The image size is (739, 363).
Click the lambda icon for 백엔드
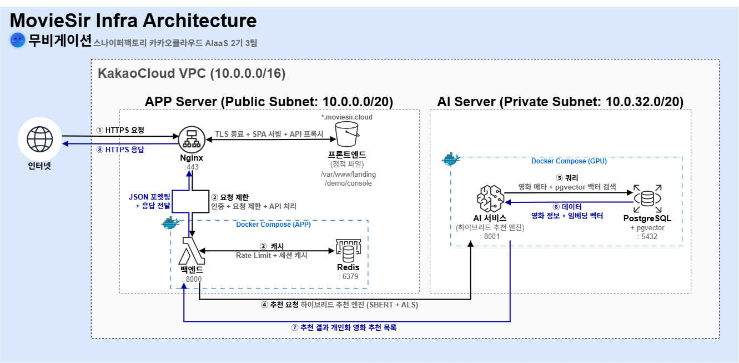coord(192,252)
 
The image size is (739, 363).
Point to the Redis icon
coord(348,251)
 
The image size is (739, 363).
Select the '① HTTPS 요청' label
coord(120,130)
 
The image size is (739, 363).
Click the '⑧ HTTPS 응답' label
coord(120,149)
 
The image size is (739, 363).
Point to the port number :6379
coord(348,276)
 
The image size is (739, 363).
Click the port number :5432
coord(647,236)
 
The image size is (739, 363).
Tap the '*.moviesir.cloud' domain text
coord(347,117)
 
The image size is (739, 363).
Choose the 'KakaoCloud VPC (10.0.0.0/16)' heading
coord(192,74)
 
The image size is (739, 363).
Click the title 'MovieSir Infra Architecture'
coord(133,21)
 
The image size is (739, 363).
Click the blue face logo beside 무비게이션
coord(18,40)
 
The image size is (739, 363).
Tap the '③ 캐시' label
coord(272,246)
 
